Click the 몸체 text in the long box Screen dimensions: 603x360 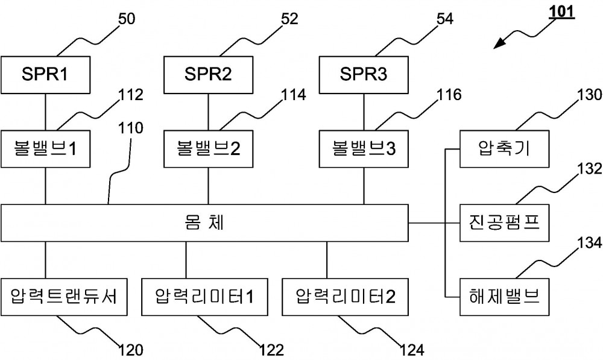pos(204,223)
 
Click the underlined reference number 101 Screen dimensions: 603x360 pos(561,12)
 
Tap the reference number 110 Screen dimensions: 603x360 pos(131,128)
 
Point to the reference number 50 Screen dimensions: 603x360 pos(126,19)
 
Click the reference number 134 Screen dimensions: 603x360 pos(590,242)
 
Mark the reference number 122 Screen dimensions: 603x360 pos(271,350)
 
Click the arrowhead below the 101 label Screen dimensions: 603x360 pos(499,43)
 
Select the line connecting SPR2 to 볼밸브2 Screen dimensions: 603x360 pos(209,112)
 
